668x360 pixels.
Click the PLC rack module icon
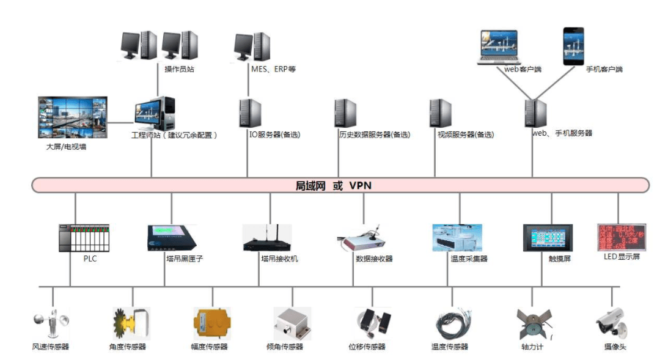coord(84,238)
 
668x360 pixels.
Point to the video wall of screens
coord(72,117)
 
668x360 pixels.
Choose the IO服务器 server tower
coord(250,114)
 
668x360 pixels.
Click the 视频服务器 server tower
coord(441,114)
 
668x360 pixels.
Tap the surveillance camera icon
coord(612,324)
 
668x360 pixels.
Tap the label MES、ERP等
coord(273,70)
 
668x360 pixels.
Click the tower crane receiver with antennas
coord(267,238)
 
